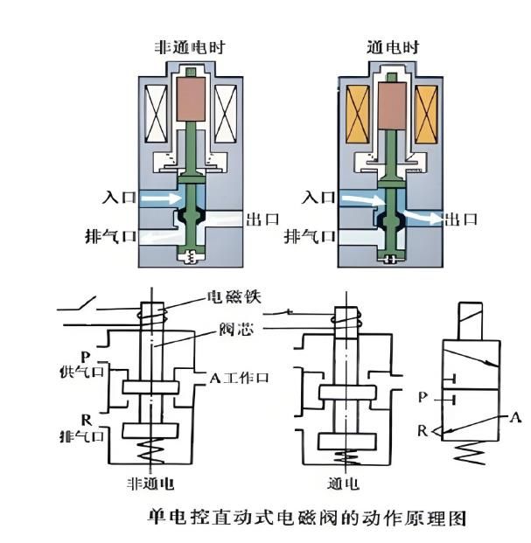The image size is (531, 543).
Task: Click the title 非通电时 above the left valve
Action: (x=190, y=47)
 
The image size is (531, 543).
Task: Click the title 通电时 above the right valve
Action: (x=393, y=47)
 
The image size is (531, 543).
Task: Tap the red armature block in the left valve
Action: (x=191, y=99)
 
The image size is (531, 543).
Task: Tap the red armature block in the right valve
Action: (x=392, y=106)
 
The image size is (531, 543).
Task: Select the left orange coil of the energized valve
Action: (x=358, y=115)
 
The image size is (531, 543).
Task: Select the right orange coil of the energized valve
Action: (x=426, y=115)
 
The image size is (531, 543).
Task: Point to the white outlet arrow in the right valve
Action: (x=423, y=217)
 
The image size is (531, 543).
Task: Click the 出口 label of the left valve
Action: (x=262, y=219)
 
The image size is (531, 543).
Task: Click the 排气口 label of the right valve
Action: (x=310, y=237)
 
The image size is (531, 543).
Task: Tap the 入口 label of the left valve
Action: (x=119, y=198)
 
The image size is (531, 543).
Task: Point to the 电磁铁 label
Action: (x=234, y=297)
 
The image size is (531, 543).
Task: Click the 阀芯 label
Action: (x=236, y=329)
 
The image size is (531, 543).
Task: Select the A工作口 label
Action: (x=239, y=378)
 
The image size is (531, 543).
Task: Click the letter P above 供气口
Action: (x=85, y=357)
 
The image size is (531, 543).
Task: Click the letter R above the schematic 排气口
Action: (x=87, y=420)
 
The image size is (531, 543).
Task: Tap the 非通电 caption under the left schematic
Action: (x=150, y=484)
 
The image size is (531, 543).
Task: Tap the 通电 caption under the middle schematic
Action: (x=343, y=484)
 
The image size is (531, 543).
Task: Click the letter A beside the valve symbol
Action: (x=515, y=418)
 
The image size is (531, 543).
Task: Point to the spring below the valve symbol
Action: (x=470, y=453)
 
